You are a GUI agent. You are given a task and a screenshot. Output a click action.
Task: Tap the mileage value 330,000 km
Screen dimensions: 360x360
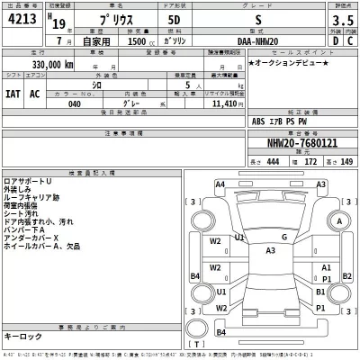[x=42, y=66]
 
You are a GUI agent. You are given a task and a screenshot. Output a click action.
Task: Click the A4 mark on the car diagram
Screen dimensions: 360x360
[x=220, y=184]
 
